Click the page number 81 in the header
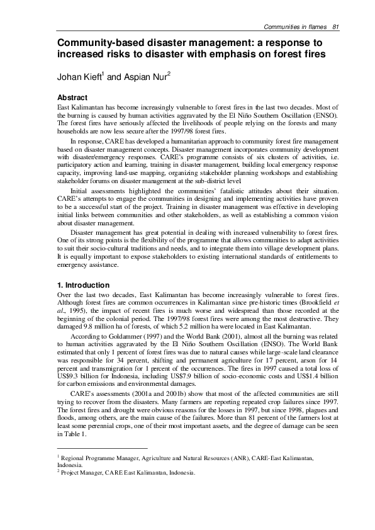pos(336,26)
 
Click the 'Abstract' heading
pos(72,98)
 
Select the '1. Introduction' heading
pos(86,285)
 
